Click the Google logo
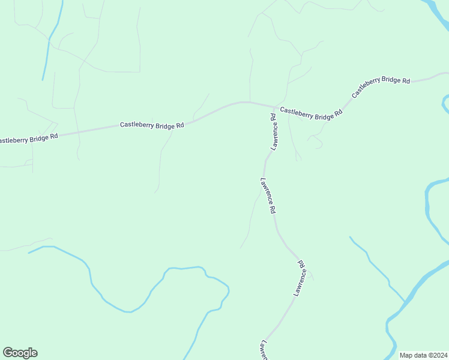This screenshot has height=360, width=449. pyautogui.click(x=20, y=353)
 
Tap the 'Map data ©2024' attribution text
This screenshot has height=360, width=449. pyautogui.click(x=424, y=355)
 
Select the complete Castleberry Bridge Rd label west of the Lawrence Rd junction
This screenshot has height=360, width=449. pyautogui.click(x=152, y=125)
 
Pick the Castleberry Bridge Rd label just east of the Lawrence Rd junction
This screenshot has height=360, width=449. pyautogui.click(x=311, y=112)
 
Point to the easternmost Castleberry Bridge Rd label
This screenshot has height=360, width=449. pyautogui.click(x=381, y=87)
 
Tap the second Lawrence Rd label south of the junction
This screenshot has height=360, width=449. pyautogui.click(x=268, y=196)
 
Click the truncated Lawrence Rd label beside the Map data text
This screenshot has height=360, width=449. pyautogui.click(x=264, y=350)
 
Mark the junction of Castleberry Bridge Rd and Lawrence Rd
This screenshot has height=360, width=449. pyautogui.click(x=275, y=107)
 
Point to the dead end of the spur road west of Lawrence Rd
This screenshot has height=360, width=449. pyautogui.click(x=241, y=247)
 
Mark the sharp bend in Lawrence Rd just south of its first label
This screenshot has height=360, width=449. pyautogui.click(x=265, y=160)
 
